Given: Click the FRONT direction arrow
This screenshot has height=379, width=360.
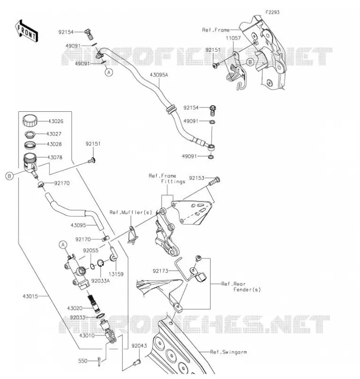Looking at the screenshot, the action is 27,31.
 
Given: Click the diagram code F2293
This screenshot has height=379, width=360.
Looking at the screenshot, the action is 272,12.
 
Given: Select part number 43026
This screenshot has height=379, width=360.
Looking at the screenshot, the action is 55,121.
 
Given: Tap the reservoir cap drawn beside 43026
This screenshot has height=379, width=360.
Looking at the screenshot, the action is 30,121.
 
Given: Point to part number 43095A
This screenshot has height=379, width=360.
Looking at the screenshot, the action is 159,75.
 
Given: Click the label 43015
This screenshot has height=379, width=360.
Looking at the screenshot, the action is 30,296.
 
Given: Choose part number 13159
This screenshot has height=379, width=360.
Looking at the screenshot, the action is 116,274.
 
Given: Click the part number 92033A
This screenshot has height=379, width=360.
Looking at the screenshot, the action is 101,281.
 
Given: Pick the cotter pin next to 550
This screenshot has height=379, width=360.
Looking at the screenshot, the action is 100,361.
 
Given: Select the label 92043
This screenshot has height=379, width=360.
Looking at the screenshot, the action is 139,346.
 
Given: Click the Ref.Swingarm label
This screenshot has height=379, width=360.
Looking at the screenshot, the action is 229,352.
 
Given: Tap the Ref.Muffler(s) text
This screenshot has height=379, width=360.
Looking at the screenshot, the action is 130,212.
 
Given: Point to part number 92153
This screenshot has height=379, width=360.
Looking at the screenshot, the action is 197,178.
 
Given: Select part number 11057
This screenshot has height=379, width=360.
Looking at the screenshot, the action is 233,38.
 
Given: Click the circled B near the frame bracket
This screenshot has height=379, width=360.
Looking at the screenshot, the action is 250,63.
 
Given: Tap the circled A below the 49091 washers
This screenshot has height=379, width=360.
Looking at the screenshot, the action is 109,72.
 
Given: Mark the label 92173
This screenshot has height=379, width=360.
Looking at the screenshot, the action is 160,271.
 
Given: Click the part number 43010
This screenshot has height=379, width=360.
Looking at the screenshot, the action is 87,335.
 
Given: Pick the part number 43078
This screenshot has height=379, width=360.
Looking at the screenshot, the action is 55,157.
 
